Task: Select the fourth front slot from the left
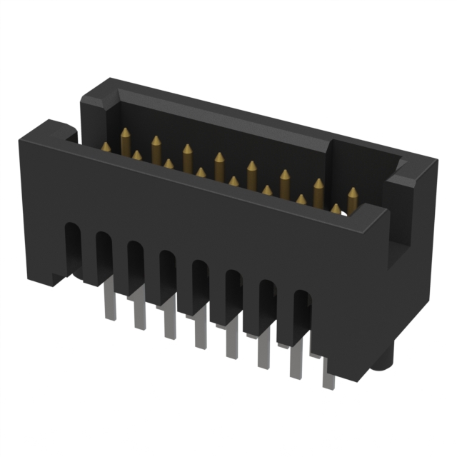pyautogui.click(x=168, y=275)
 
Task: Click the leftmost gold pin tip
pyautogui.click(x=106, y=146)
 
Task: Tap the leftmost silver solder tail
pyautogui.click(x=109, y=300)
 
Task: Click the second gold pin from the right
pyautogui.click(x=335, y=209)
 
